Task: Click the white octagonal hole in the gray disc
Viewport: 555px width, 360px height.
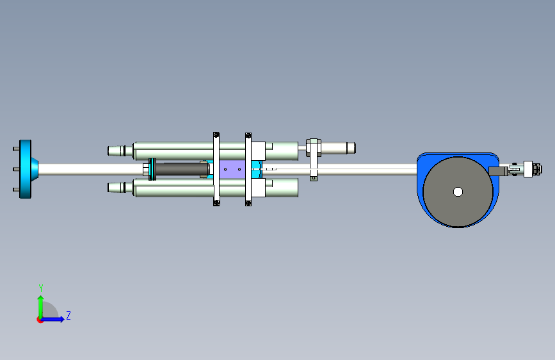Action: coord(458,192)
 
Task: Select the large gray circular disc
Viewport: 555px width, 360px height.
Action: coord(458,192)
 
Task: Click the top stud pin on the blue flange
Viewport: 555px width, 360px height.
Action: coord(16,149)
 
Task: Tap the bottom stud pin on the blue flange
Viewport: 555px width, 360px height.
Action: coord(16,190)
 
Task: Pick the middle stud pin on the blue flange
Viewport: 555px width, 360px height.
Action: coord(16,169)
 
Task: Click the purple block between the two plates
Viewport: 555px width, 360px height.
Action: coord(232,169)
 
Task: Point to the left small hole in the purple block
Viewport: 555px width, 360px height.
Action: coord(225,169)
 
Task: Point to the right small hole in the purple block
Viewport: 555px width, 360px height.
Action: coord(239,169)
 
